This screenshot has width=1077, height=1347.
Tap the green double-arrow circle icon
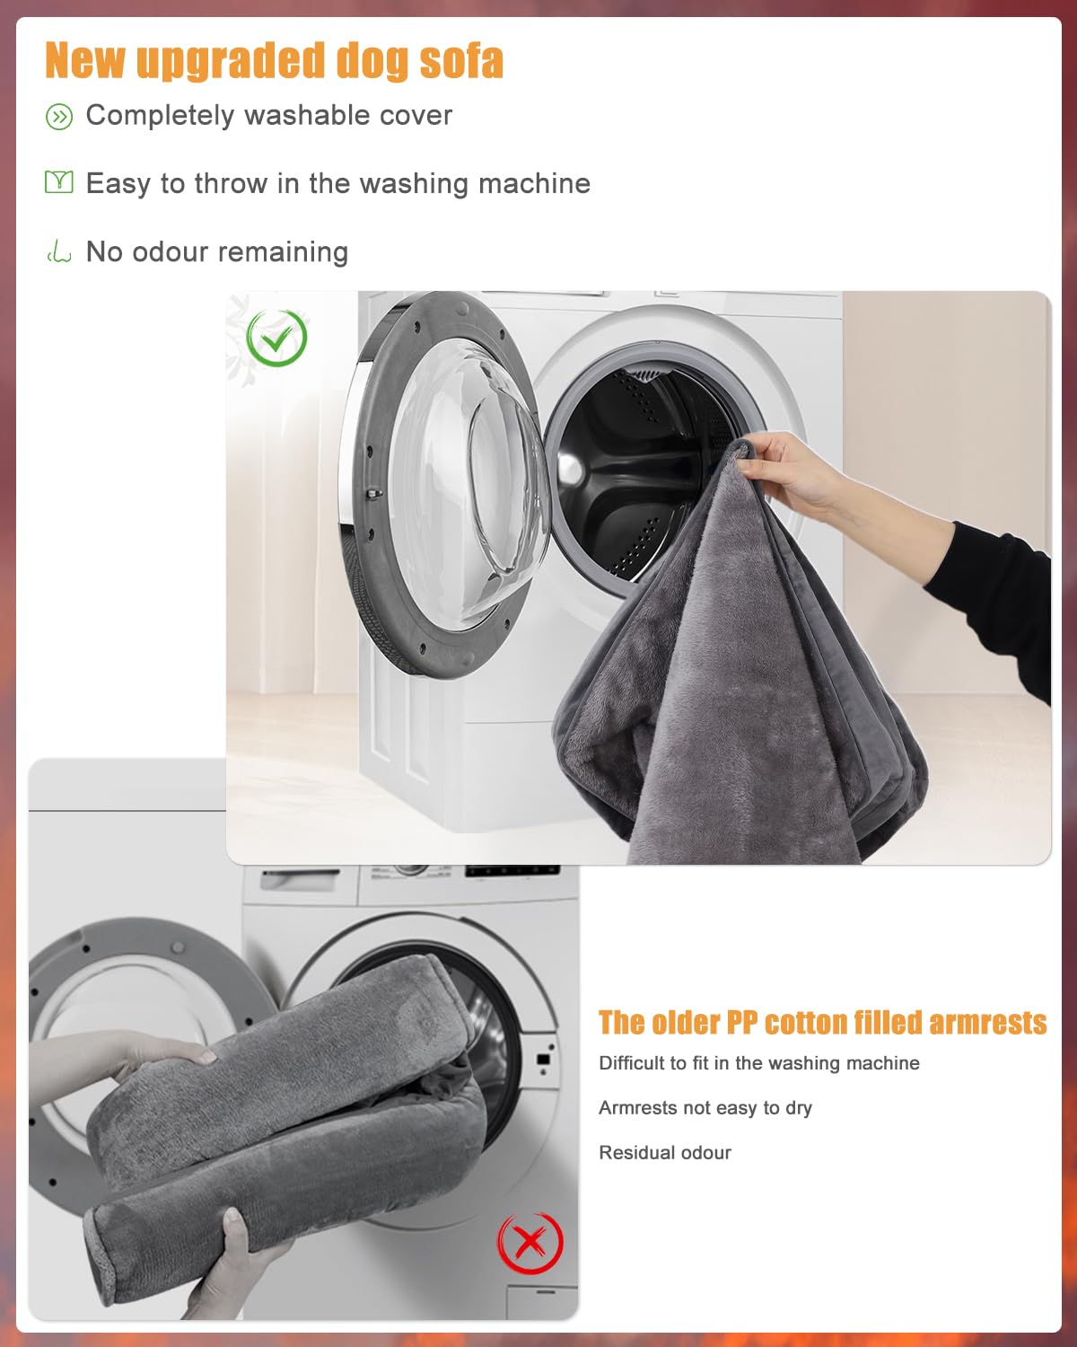(59, 117)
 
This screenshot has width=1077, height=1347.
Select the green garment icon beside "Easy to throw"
(58, 182)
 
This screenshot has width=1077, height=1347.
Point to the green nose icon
(58, 252)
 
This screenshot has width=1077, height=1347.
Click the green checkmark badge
(276, 338)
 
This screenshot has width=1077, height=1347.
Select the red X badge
(530, 1243)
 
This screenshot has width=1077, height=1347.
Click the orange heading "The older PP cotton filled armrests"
(822, 1023)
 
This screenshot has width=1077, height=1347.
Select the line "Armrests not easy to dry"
(705, 1108)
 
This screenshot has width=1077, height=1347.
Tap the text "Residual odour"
(665, 1153)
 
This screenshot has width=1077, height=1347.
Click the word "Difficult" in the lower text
(633, 1063)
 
